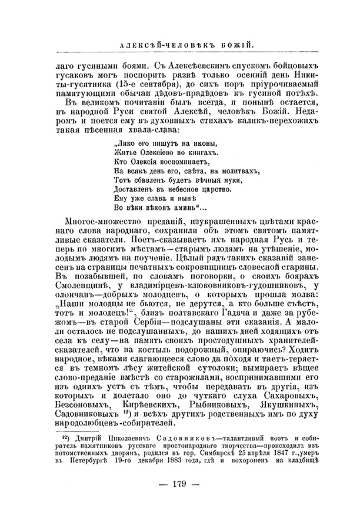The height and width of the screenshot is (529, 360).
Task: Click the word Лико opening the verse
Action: pyautogui.click(x=121, y=143)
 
